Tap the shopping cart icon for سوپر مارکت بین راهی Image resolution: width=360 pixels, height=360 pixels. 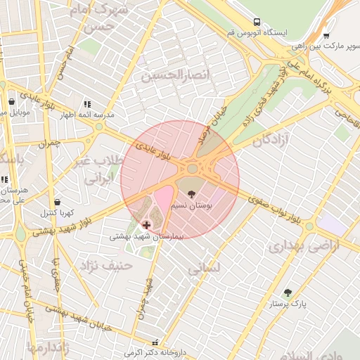[x=326, y=35]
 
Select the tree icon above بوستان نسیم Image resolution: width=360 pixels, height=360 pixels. [x=191, y=193]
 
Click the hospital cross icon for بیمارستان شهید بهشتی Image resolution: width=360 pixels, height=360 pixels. [x=146, y=225]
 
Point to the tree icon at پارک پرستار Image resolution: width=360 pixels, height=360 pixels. [x=287, y=292]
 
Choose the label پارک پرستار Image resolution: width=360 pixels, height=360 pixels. [x=289, y=304]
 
